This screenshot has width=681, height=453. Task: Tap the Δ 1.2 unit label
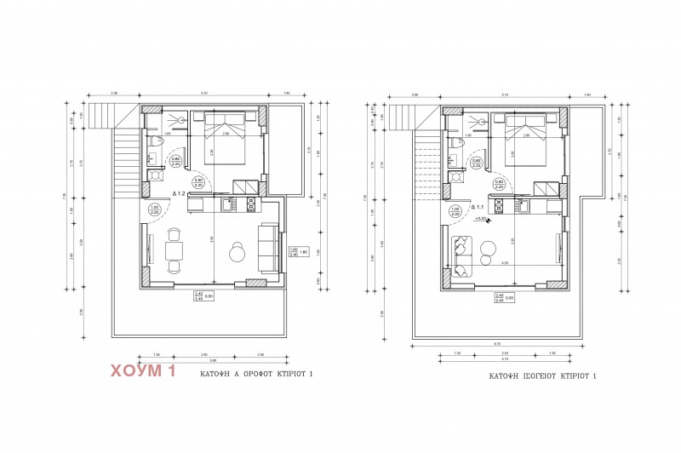tap(179, 194)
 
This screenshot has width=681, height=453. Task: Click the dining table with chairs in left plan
tap(173, 253)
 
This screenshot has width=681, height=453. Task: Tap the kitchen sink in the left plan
tap(227, 205)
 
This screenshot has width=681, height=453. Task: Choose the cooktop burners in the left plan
tap(251, 205)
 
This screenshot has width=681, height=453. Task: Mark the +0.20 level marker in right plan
tap(481, 219)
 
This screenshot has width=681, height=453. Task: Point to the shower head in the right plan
tap(483, 122)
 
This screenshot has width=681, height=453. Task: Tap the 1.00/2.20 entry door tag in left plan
tap(154, 209)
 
